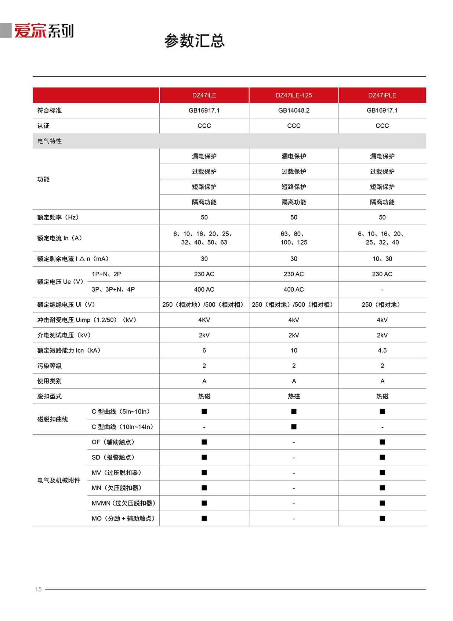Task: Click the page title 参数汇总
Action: pos(194,41)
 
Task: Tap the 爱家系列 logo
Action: pos(44,31)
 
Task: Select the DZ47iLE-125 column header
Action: pos(294,95)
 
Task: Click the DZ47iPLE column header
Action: pos(382,95)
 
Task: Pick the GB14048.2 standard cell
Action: pos(294,110)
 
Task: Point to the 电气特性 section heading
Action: pos(50,141)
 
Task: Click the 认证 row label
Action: pos(43,126)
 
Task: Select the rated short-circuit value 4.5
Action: pos(382,351)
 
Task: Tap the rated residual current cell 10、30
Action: pos(382,259)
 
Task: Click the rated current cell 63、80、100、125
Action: pos(294,238)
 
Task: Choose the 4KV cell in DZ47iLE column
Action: pos(204,320)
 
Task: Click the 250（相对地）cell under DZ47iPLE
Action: pos(382,305)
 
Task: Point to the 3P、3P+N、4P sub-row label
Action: pos(113,289)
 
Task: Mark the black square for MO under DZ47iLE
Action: pos(204,518)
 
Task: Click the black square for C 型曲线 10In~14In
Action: pos(294,427)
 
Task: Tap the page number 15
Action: pos(39,589)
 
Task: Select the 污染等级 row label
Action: pos(50,366)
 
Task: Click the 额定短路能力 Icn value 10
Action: pos(294,351)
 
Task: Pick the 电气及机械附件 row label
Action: pos(59,481)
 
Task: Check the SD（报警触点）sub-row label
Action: pos(113,457)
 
